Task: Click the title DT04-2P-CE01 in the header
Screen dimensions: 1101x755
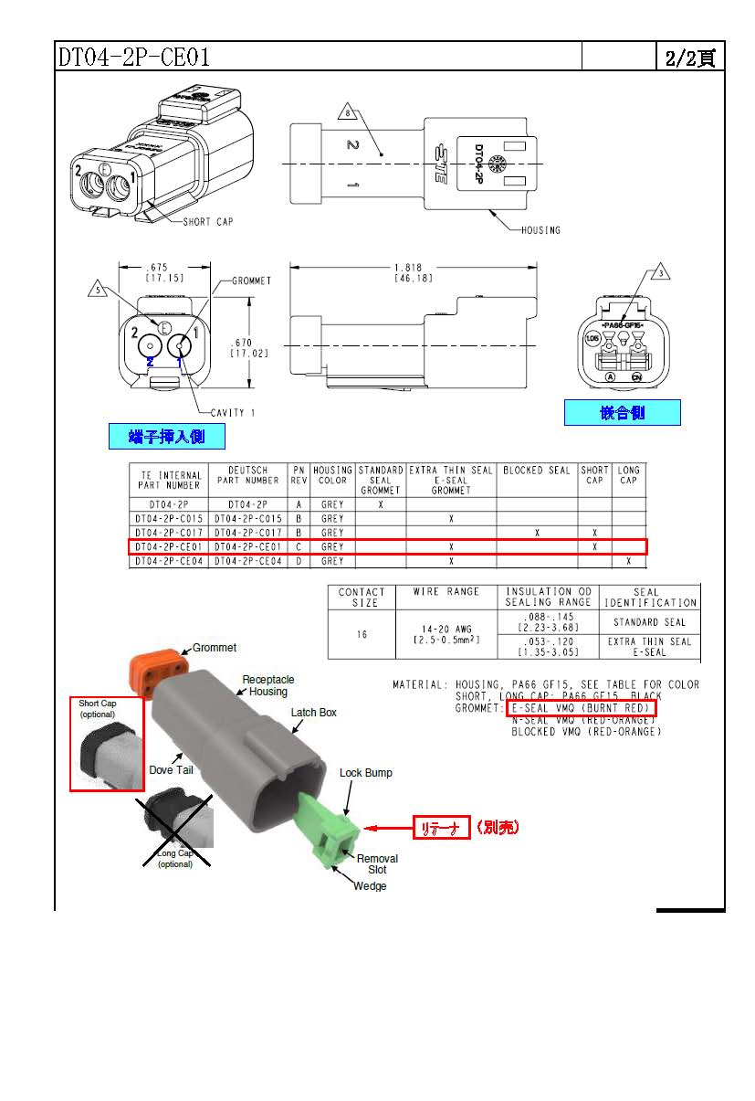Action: [x=134, y=58]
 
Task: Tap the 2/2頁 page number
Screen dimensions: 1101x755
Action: [x=691, y=58]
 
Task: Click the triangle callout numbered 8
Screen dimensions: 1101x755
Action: [x=347, y=113]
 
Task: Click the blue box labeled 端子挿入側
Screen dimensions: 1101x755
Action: [x=167, y=437]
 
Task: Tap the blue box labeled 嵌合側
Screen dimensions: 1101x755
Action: [x=622, y=413]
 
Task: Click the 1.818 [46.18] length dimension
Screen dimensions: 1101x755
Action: [x=414, y=272]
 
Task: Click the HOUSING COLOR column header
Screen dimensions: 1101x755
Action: [x=332, y=475]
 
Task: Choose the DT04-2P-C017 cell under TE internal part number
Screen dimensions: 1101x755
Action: [x=168, y=533]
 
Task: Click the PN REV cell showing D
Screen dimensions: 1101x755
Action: [x=299, y=561]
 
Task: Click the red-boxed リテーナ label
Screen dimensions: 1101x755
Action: [x=442, y=828]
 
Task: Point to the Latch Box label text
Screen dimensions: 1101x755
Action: [x=316, y=713]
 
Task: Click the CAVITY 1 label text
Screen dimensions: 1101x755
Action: [x=227, y=413]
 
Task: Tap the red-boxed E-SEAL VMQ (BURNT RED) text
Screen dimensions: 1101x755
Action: [x=581, y=708]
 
